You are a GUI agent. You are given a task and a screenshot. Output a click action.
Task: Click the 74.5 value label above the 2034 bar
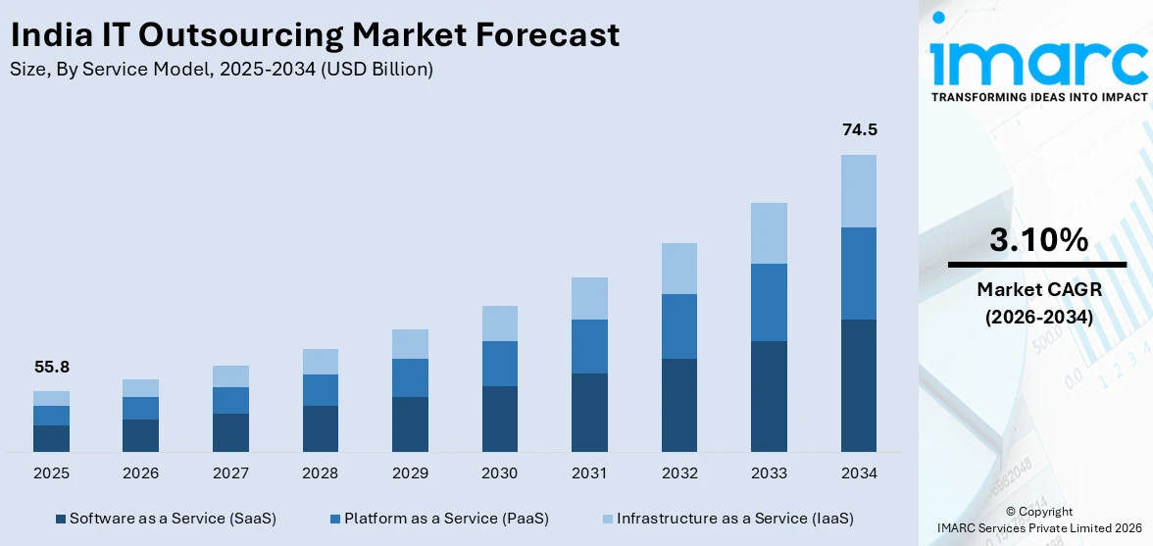click(x=859, y=130)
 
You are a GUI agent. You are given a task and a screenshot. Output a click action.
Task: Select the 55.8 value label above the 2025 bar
click(x=51, y=368)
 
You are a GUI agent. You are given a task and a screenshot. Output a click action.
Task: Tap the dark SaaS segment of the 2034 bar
click(x=859, y=385)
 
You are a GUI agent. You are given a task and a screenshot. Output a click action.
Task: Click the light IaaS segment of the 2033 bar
click(x=769, y=233)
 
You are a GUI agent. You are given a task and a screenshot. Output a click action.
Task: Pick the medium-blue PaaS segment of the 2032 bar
click(x=679, y=326)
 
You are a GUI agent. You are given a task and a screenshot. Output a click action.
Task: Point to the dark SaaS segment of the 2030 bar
click(x=499, y=419)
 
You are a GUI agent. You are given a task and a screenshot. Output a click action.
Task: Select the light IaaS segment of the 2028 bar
click(x=320, y=362)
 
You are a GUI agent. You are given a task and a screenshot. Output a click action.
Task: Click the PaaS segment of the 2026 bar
click(x=140, y=408)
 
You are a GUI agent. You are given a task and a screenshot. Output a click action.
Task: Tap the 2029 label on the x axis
click(x=410, y=473)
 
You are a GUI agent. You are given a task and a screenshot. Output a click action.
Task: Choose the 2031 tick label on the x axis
click(x=589, y=473)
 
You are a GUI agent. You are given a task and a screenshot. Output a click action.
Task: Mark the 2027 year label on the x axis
click(x=230, y=473)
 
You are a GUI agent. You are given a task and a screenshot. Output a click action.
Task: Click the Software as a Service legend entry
click(x=166, y=518)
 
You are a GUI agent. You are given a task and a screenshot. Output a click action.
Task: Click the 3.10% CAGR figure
click(x=1038, y=240)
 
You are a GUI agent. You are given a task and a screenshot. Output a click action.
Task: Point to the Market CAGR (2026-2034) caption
click(x=1038, y=303)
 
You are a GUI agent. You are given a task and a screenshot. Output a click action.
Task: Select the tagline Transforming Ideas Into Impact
click(x=1038, y=97)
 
